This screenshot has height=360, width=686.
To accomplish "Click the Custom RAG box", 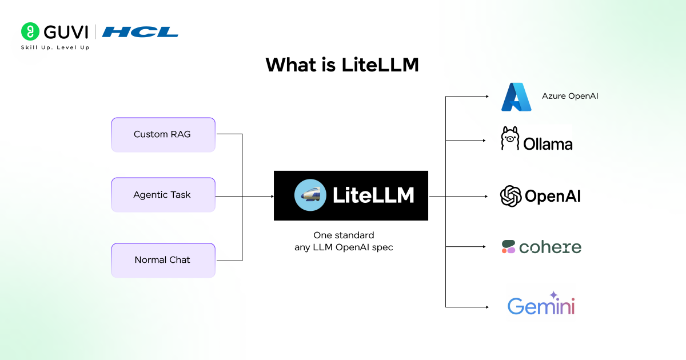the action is coord(163,135).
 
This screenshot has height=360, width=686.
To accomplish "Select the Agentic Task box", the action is coord(163,195).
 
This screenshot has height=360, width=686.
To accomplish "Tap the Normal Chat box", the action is coord(163,260).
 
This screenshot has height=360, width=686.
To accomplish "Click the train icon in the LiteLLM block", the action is coord(310,195).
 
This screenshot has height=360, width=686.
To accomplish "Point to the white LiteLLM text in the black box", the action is coord(373,195).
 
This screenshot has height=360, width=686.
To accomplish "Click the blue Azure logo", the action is coord(516,97).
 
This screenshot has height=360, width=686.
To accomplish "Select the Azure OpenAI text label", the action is coord(570,96).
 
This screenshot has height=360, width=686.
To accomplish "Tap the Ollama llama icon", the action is coord(510,138).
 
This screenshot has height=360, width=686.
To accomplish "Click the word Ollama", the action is coord(548,144).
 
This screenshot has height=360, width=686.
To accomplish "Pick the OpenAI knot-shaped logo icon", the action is coord(511,196).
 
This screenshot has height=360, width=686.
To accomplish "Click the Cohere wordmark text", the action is coord(551,247).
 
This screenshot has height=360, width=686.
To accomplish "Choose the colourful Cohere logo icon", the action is coord(509,247).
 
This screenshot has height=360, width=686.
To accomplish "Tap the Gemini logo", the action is coord(541,303).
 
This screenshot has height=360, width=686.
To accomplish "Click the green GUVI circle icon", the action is coord(30,31).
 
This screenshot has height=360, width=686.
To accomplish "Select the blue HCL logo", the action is coord(140,32).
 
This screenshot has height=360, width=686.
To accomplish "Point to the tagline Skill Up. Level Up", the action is coord(55,47).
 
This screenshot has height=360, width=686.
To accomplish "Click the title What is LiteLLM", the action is coord(342,65).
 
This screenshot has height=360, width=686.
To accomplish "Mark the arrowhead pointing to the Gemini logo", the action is coord(487,307).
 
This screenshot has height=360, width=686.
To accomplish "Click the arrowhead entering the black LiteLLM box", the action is coord(272,196).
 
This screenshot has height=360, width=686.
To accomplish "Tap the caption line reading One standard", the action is coord(344,235).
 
